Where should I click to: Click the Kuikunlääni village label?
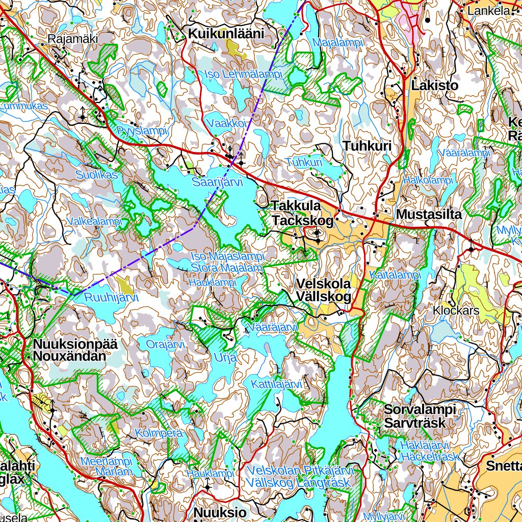[x=226, y=34]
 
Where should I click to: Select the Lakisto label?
[x=434, y=85]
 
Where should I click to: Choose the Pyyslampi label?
[x=142, y=130]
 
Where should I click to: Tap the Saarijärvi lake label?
[x=217, y=182]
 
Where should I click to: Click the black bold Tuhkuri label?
[x=367, y=146]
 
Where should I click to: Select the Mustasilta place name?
[x=428, y=215]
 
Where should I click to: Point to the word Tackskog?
[x=302, y=221]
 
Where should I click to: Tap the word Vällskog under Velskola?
[x=322, y=297]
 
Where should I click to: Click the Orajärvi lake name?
[x=166, y=345]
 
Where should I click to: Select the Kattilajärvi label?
[x=277, y=384]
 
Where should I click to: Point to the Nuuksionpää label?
[x=75, y=344]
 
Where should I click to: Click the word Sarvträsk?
[x=414, y=423]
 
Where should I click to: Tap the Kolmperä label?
[x=159, y=433]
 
